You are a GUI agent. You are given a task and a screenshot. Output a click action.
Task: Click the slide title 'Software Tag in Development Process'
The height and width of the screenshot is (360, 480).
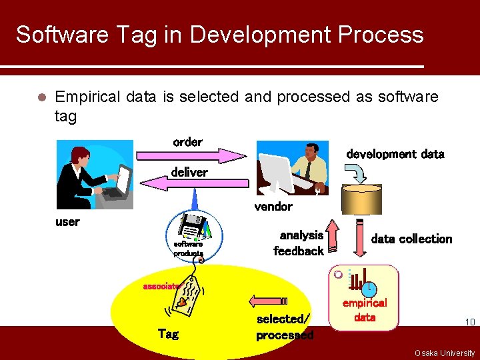pyautogui.click(x=219, y=35)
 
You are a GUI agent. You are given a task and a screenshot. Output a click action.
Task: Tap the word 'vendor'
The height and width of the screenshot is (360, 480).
pyautogui.click(x=273, y=207)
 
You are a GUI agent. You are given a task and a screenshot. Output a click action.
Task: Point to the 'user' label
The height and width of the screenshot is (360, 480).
pyautogui.click(x=67, y=222)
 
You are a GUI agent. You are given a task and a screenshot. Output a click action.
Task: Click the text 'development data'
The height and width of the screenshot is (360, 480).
pyautogui.click(x=395, y=154)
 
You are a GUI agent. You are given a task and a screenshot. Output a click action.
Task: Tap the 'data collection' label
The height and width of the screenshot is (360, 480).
pyautogui.click(x=411, y=239)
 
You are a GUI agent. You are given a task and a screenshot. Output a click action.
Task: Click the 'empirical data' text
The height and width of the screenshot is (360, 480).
pyautogui.click(x=364, y=310)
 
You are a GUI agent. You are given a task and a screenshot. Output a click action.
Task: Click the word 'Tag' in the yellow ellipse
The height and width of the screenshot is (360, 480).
pyautogui.click(x=167, y=333)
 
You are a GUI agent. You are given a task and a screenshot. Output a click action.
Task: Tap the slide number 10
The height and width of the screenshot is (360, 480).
pyautogui.click(x=469, y=323)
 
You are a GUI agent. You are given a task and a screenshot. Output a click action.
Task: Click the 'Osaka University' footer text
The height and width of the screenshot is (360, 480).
pyautogui.click(x=444, y=353)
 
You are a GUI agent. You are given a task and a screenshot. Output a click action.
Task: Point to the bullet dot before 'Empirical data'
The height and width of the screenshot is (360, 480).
pyautogui.click(x=41, y=97)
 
